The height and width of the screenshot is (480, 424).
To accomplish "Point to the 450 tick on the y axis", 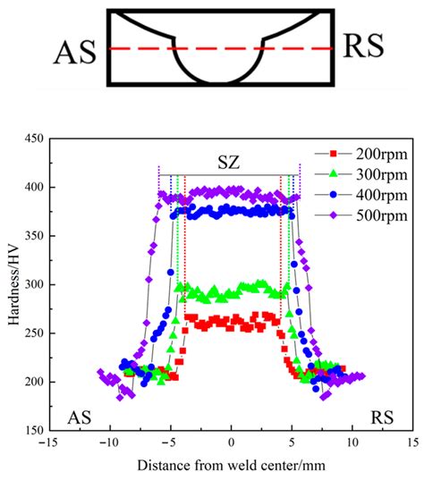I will pyautogui.click(x=32, y=139).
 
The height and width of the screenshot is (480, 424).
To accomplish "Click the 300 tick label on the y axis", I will pyautogui.click(x=32, y=284).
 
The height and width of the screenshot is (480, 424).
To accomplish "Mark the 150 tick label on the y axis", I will pyautogui.click(x=32, y=430).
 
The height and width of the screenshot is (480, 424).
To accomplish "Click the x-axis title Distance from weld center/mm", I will pyautogui.click(x=231, y=466).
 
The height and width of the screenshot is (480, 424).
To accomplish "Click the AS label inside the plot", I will pyautogui.click(x=82, y=417).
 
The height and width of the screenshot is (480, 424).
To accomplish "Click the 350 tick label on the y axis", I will pyautogui.click(x=32, y=236).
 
